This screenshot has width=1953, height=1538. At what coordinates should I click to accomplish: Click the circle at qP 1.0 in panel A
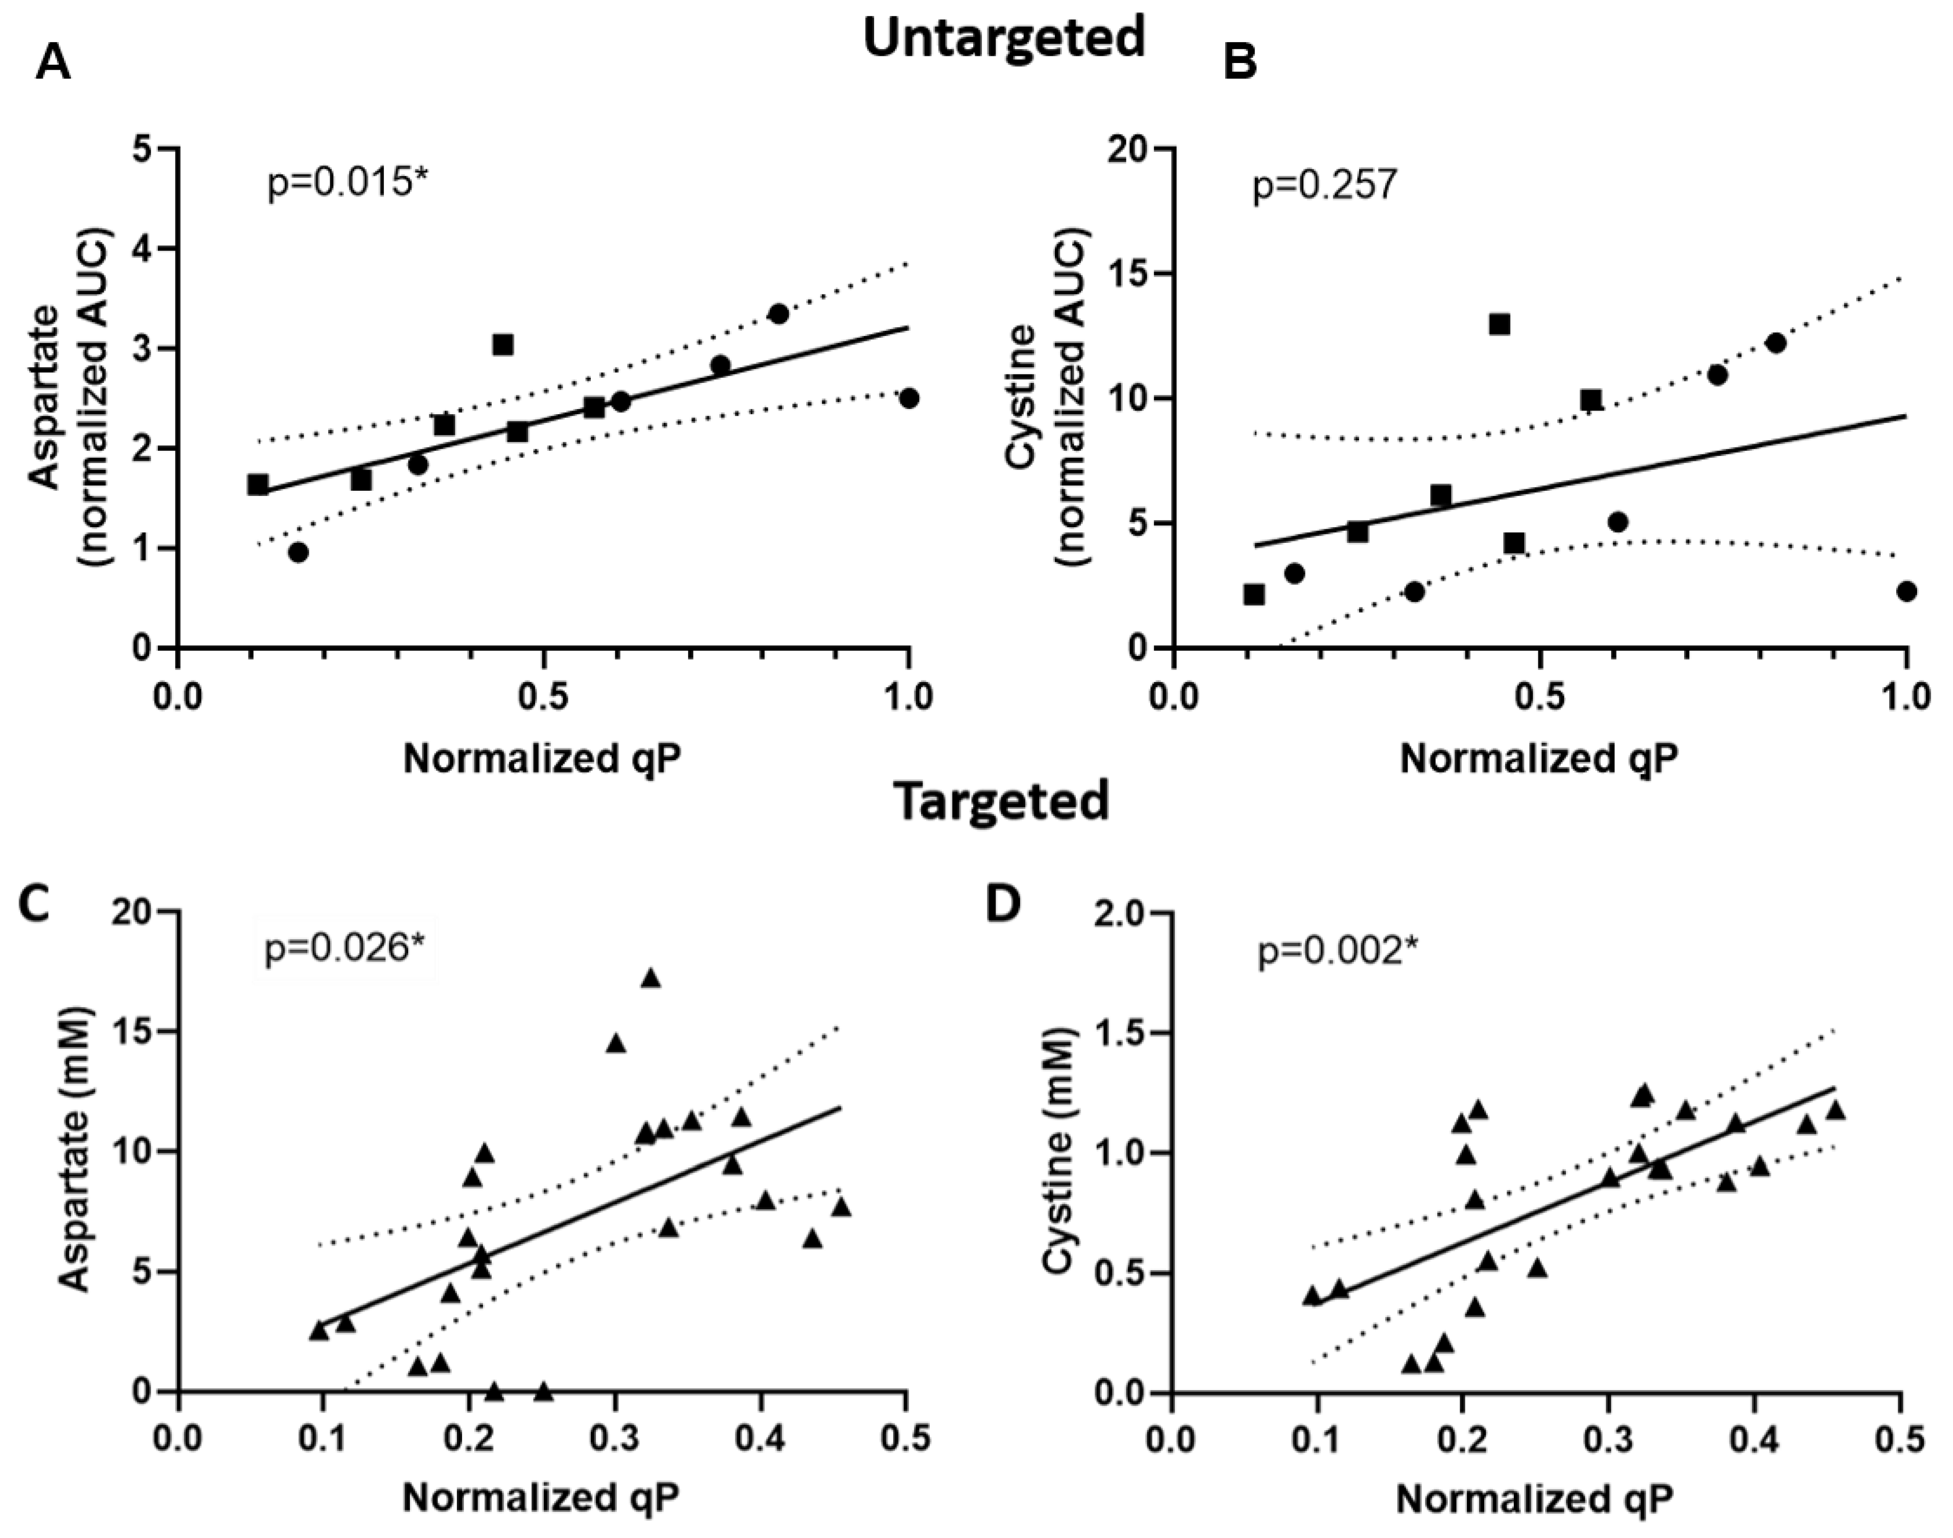[x=909, y=398]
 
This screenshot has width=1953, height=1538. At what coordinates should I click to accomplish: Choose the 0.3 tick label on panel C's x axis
[x=615, y=1439]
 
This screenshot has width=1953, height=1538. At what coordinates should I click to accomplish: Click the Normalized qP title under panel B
[x=1539, y=758]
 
